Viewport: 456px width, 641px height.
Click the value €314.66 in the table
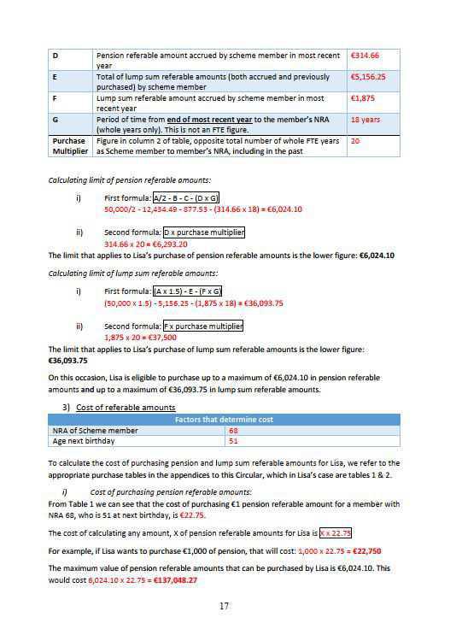point(365,56)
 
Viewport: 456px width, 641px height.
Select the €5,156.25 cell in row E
point(368,77)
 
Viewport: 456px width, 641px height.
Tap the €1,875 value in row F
point(362,98)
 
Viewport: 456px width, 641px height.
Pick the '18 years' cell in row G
point(365,120)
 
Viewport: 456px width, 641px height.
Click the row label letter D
point(56,56)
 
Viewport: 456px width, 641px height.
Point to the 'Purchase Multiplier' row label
point(69,145)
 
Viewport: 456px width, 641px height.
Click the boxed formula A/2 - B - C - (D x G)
point(182,198)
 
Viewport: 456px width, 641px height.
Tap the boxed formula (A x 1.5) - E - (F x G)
point(186,291)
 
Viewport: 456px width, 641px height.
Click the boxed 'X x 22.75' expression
point(335,532)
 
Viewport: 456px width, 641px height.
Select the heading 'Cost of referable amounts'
point(126,407)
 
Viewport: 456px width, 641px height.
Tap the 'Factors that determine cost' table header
point(225,420)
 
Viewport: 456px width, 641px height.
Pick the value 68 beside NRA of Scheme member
point(235,431)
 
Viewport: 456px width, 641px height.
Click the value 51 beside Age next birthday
point(235,442)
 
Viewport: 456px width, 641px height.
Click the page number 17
point(226,607)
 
